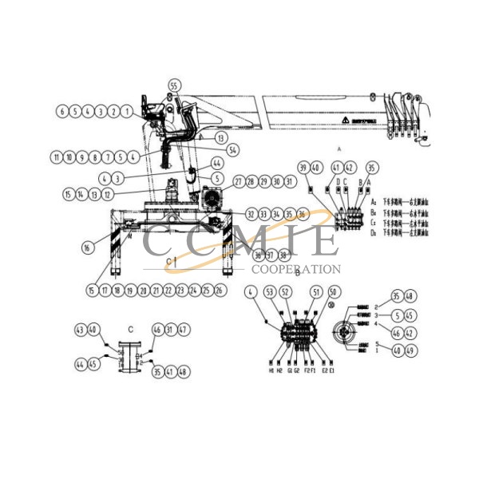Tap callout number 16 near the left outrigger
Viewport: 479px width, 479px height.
(86, 248)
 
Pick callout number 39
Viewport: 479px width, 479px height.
(303, 167)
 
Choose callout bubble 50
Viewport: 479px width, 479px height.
(334, 291)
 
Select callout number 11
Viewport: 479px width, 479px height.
(56, 156)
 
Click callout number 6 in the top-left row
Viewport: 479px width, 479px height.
(61, 112)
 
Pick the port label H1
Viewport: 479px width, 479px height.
(271, 371)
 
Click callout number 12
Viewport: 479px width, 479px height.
(106, 194)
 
